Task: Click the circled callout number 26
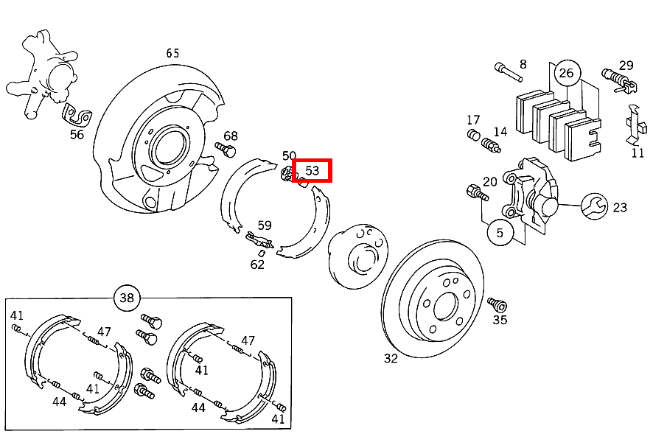point(566,72)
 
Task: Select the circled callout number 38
point(127,298)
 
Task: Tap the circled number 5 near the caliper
point(500,233)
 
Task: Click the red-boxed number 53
point(312,171)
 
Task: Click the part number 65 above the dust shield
point(172,53)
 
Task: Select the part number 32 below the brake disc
point(391,358)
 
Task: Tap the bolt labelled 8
point(503,71)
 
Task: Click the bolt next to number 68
point(225,150)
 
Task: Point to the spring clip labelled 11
point(633,125)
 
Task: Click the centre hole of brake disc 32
point(445,305)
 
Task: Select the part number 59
point(265,225)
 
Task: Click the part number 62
point(256,264)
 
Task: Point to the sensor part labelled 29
point(618,77)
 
